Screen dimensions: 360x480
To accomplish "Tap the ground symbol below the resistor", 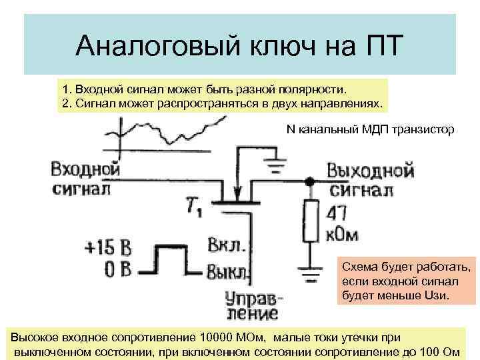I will [309, 273].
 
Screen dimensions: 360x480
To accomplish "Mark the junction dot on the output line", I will [309, 181].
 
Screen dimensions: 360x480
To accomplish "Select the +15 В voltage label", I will [108, 249].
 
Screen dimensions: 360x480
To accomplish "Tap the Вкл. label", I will [227, 244].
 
